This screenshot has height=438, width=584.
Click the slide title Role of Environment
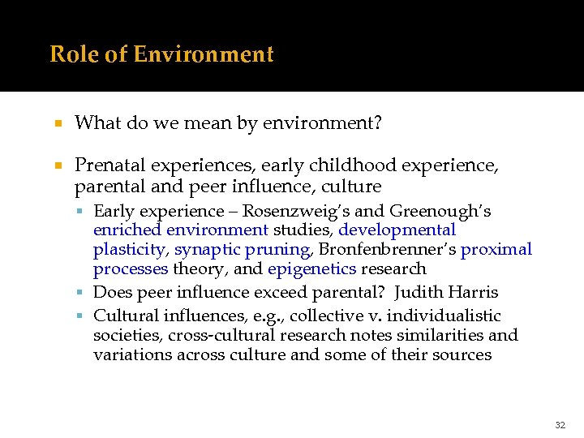click(161, 54)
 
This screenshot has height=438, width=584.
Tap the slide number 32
click(560, 425)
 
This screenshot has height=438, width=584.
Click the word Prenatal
click(109, 165)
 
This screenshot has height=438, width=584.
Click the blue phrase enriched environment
click(181, 231)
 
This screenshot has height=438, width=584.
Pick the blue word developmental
click(397, 231)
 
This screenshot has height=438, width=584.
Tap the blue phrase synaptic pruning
click(242, 251)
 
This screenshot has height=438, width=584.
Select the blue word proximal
click(496, 251)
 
